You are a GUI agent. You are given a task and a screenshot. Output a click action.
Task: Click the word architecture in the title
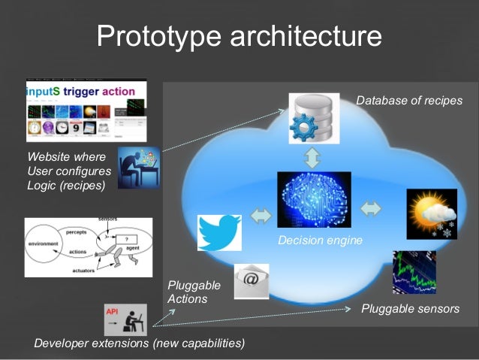(300, 35)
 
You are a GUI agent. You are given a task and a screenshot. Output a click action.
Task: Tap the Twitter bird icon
(219, 231)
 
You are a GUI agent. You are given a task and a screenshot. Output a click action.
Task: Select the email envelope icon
(251, 281)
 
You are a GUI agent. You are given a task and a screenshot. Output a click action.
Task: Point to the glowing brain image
(314, 199)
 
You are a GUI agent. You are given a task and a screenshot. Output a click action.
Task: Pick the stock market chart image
(414, 271)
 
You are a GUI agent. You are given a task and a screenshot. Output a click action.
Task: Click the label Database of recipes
(409, 101)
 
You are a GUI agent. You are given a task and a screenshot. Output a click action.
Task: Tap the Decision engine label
(320, 241)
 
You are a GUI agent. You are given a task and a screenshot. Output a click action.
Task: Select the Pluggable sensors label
(410, 308)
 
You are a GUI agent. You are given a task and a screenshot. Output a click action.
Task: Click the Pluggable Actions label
(194, 292)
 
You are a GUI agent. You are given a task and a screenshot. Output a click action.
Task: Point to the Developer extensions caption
(140, 343)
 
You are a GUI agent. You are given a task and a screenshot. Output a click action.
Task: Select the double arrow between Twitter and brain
(261, 216)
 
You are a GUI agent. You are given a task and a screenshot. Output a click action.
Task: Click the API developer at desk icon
(125, 319)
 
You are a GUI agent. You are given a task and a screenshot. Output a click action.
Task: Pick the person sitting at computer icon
(139, 168)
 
